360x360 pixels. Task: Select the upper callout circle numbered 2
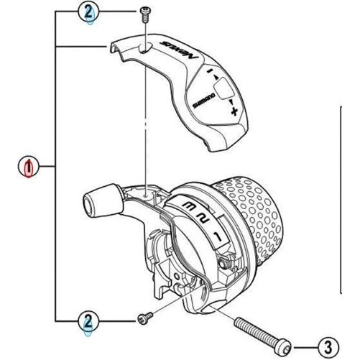88,12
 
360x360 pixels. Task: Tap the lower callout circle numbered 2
88,321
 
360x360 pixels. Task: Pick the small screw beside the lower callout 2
142,317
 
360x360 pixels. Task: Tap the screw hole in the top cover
145,49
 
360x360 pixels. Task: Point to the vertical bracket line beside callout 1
56,168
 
